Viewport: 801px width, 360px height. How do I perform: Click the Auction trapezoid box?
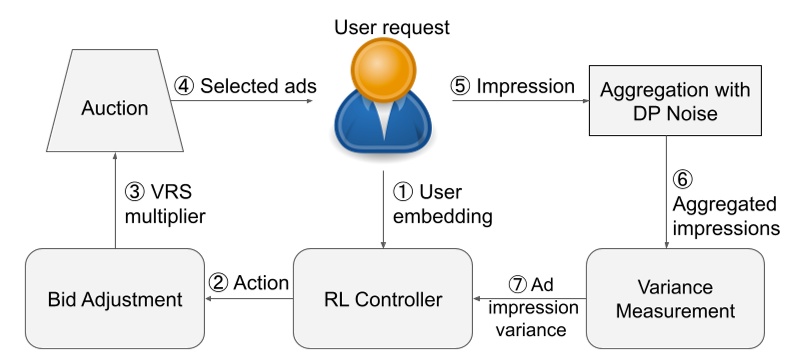click(114, 106)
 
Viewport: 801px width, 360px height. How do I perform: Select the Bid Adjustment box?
click(114, 297)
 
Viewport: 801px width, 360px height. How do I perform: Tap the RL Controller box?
click(383, 297)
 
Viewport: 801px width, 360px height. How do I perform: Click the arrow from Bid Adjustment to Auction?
click(114, 201)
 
